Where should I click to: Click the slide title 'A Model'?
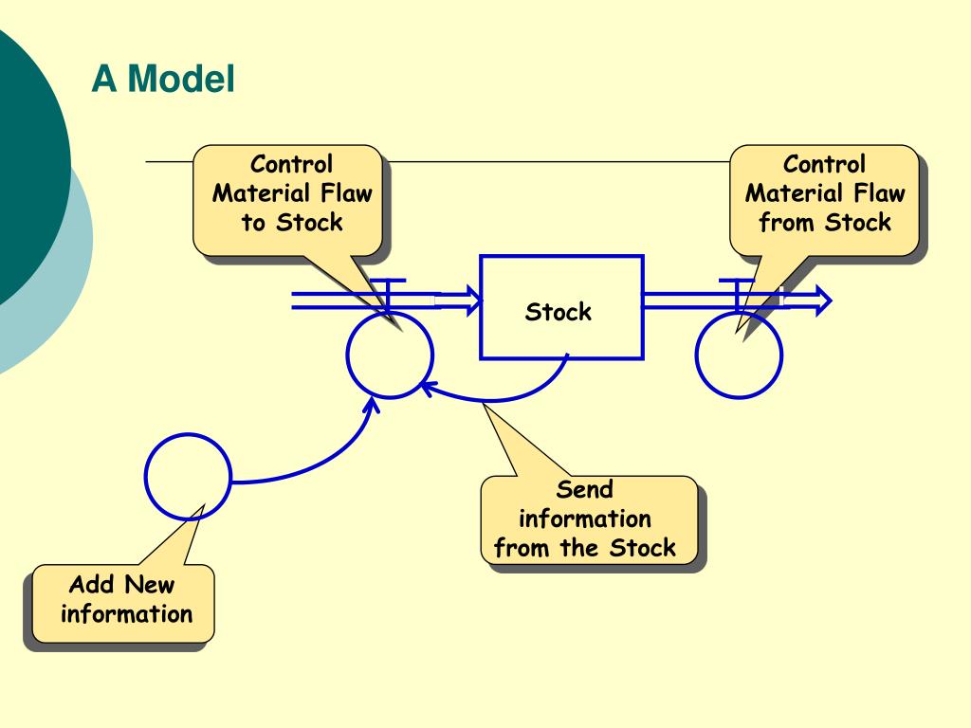coord(163,79)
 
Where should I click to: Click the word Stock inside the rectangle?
coord(558,311)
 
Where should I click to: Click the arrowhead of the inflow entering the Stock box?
coord(475,300)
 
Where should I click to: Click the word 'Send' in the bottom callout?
coord(584,489)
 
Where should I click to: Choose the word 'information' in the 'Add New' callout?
coord(126,613)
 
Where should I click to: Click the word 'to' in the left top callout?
coord(253,222)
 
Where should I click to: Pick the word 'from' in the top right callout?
coord(786,222)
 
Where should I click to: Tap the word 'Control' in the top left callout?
coord(291,164)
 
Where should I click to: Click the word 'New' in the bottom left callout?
coord(150,584)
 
